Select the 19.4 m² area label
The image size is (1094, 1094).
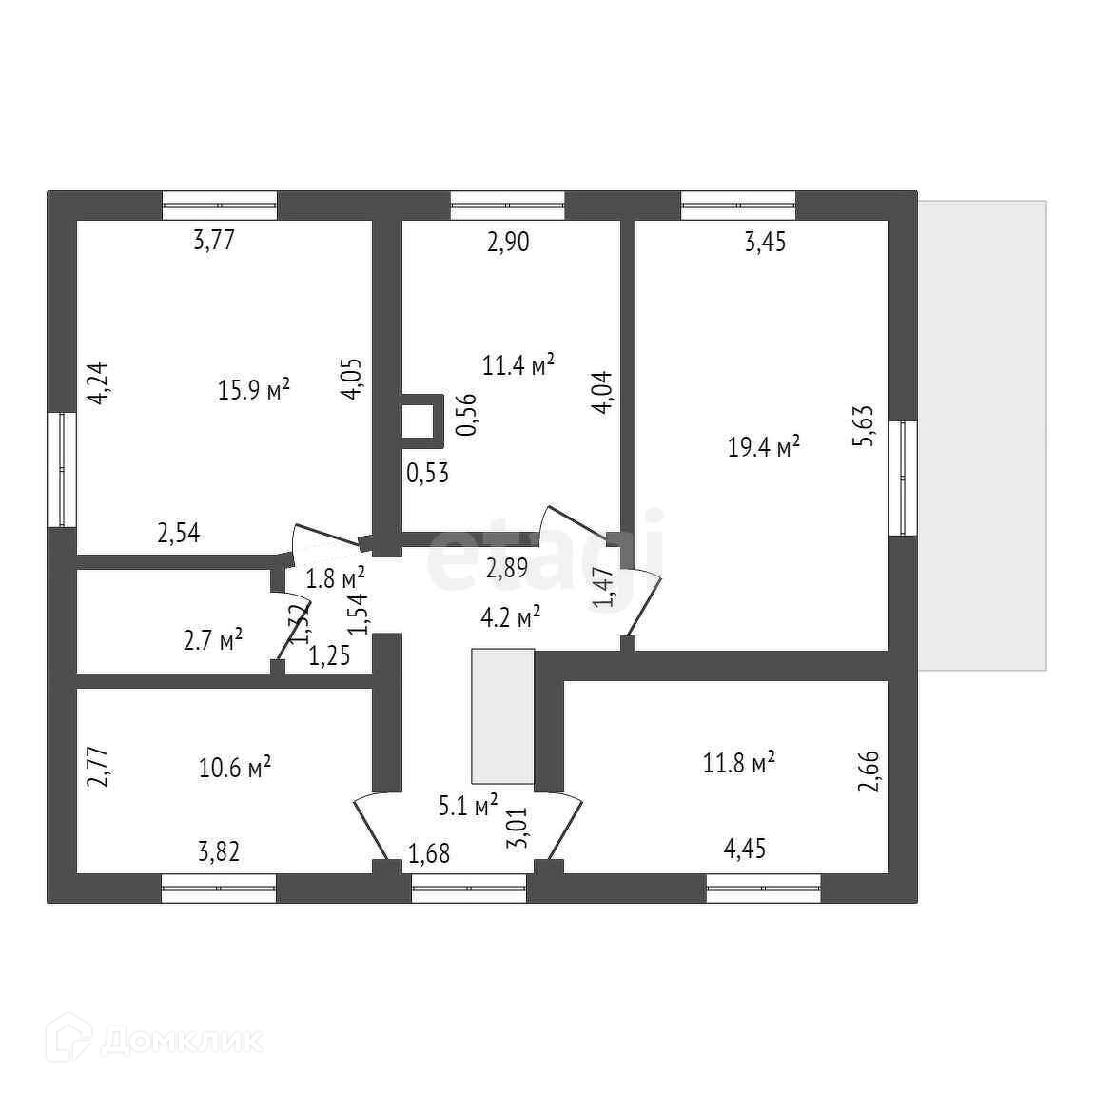tap(764, 446)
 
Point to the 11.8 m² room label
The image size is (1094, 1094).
tap(739, 762)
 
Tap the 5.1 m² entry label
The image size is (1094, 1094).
tap(468, 807)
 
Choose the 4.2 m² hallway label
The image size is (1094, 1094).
tap(510, 617)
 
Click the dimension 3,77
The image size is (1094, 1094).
tap(213, 240)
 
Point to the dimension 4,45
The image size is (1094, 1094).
tap(745, 849)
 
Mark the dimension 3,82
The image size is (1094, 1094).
tap(219, 850)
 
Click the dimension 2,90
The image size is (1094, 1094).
tap(508, 242)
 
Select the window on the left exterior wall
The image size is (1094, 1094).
tap(61, 469)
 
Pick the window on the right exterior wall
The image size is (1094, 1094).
tap(903, 478)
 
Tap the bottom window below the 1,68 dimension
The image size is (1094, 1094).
tap(468, 889)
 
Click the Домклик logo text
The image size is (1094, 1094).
tap(181, 1040)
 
